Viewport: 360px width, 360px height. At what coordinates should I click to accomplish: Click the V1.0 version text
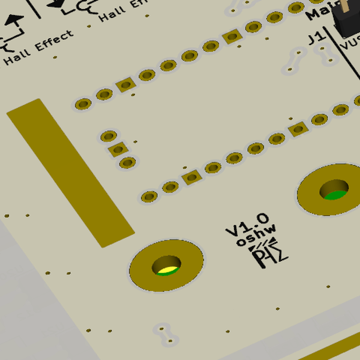click(x=247, y=224)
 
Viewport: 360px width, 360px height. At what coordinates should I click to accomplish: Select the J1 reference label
click(x=314, y=40)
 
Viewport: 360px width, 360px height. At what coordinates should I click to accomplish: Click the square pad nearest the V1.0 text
click(x=191, y=178)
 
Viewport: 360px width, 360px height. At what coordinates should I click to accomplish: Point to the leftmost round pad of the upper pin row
click(x=82, y=105)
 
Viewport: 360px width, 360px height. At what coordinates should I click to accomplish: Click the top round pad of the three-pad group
click(x=109, y=136)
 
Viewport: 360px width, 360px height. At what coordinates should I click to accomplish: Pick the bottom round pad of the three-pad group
click(x=127, y=162)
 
